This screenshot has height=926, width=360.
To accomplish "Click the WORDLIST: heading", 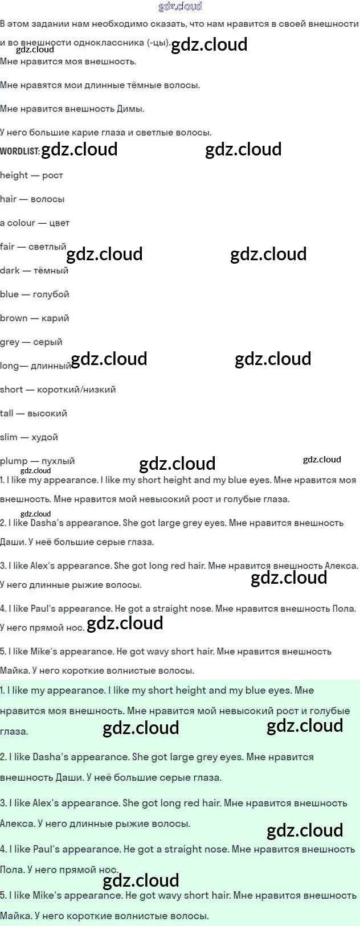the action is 19,151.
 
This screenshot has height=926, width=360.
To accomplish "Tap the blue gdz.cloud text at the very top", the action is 180,6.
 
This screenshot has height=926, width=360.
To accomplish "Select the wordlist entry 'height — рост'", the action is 31,175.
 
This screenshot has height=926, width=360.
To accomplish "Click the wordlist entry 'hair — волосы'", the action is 32,199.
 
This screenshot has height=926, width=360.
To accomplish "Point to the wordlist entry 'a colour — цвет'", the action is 35,223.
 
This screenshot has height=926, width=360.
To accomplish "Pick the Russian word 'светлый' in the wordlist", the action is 47,247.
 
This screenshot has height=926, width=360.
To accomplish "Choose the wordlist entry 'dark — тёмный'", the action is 34,271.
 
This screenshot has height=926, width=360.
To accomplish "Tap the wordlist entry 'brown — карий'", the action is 34,318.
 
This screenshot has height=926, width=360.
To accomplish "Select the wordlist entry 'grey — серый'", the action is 31,342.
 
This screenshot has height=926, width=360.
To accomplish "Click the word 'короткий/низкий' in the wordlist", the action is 76,390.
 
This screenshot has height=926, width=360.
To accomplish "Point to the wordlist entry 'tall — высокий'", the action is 33,413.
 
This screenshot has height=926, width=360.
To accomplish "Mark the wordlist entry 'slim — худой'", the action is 29,437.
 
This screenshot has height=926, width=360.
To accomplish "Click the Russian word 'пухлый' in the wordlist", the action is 58,461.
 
